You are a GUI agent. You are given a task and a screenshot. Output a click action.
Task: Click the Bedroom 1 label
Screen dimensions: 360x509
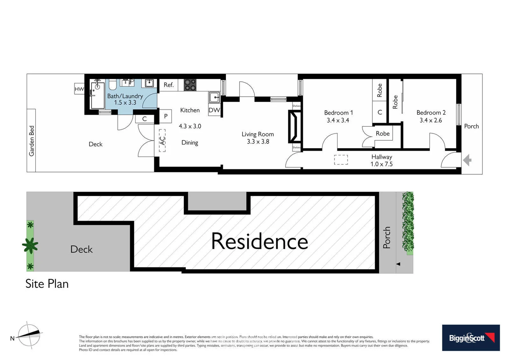coord(338,113)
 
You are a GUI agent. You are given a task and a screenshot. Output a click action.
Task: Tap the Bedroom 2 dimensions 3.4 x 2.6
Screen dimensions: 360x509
coord(431,120)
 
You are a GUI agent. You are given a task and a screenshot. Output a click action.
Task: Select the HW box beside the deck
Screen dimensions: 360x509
coord(79,89)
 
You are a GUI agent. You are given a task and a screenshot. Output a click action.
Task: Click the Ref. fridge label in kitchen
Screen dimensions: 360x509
coord(169,85)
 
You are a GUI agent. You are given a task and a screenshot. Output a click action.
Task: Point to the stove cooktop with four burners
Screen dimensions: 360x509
coord(190,85)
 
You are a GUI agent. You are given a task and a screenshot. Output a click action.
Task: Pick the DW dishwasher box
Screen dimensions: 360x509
coord(214,110)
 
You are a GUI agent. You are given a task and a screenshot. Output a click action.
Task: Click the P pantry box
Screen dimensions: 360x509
coord(166,116)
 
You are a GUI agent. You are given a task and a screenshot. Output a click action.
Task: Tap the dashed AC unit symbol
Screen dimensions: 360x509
coord(162,140)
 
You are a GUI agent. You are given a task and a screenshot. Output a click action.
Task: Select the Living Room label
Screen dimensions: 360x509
coord(257,134)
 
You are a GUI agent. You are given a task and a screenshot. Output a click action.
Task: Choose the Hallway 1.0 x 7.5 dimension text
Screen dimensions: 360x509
coord(381,164)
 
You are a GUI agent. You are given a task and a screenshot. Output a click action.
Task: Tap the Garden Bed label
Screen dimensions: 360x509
coord(32,141)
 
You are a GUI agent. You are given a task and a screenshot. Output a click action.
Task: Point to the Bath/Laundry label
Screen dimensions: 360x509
coord(125,96)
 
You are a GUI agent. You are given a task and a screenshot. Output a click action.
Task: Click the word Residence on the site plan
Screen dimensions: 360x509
coord(259,241)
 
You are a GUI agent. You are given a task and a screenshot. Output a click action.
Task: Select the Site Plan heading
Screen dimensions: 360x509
coord(47,284)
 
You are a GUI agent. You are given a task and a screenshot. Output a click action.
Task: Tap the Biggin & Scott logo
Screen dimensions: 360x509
coord(471,338)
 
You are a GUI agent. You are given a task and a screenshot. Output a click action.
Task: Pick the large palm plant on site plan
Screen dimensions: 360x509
coord(30,246)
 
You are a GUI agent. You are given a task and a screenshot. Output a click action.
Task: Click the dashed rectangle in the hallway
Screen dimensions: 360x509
coord(341,160)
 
